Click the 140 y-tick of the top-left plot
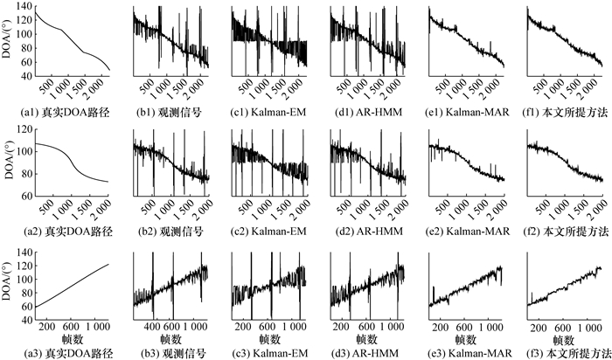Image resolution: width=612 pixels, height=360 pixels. (24, 7)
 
